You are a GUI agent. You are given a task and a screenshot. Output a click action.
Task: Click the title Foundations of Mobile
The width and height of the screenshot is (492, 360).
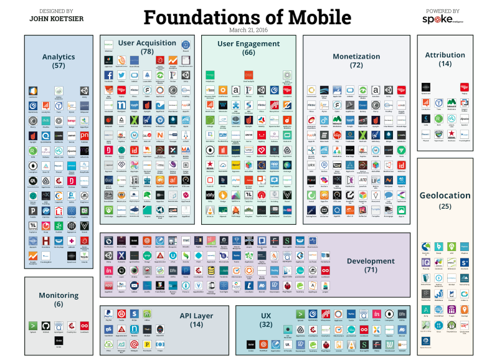pyautogui.click(x=247, y=17)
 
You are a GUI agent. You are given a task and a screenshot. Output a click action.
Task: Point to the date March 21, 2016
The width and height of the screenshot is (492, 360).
pyautogui.click(x=247, y=29)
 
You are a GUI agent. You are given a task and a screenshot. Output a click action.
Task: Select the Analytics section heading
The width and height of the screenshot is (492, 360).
pyautogui.click(x=59, y=57)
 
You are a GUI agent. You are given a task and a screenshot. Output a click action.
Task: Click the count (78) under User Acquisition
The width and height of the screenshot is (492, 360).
pyautogui.click(x=148, y=52)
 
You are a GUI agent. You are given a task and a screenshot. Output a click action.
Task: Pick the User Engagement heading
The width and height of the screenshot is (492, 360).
pyautogui.click(x=248, y=44)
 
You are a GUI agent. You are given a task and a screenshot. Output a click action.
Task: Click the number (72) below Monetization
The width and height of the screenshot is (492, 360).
pyautogui.click(x=356, y=65)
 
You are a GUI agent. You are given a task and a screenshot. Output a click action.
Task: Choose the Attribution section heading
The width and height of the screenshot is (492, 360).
pyautogui.click(x=445, y=55)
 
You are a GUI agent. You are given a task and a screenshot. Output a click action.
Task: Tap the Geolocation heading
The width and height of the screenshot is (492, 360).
pyautogui.click(x=445, y=196)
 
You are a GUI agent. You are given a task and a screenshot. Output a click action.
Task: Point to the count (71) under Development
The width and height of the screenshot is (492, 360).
pyautogui.click(x=371, y=270)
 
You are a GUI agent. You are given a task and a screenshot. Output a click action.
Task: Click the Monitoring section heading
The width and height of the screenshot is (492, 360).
pyautogui.click(x=59, y=295)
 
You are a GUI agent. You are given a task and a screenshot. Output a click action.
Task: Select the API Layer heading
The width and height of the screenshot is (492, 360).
pyautogui.click(x=196, y=316)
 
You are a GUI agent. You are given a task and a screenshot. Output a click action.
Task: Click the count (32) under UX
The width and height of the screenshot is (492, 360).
pyautogui.click(x=266, y=324)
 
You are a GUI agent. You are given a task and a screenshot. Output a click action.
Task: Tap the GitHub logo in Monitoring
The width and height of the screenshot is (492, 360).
pyautogui.click(x=45, y=325)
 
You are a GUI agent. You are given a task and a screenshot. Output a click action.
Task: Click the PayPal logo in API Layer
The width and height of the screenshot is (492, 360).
pyautogui.click(x=108, y=313)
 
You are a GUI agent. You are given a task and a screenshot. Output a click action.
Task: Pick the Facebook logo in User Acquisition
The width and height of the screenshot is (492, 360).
pyautogui.click(x=108, y=75)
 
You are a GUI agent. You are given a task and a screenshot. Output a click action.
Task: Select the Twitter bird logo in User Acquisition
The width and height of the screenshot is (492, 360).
pyautogui.click(x=121, y=75)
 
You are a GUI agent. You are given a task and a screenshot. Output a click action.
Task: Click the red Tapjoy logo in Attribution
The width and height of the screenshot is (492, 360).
pyautogui.click(x=465, y=88)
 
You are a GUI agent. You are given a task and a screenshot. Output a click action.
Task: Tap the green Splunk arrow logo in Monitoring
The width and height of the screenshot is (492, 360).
pyautogui.click(x=32, y=325)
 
